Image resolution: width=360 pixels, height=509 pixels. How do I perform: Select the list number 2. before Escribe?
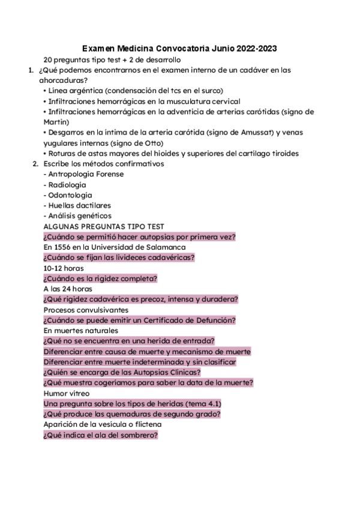[x=35, y=163]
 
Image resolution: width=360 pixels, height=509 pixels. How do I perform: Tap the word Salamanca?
[x=166, y=247]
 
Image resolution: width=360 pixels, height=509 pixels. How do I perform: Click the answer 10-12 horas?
[x=64, y=268]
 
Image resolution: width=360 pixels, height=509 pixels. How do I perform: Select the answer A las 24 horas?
[x=67, y=288]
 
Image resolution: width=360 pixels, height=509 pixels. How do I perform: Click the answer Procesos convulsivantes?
[x=86, y=310]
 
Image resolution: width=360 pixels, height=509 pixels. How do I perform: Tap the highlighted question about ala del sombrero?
[x=100, y=435]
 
